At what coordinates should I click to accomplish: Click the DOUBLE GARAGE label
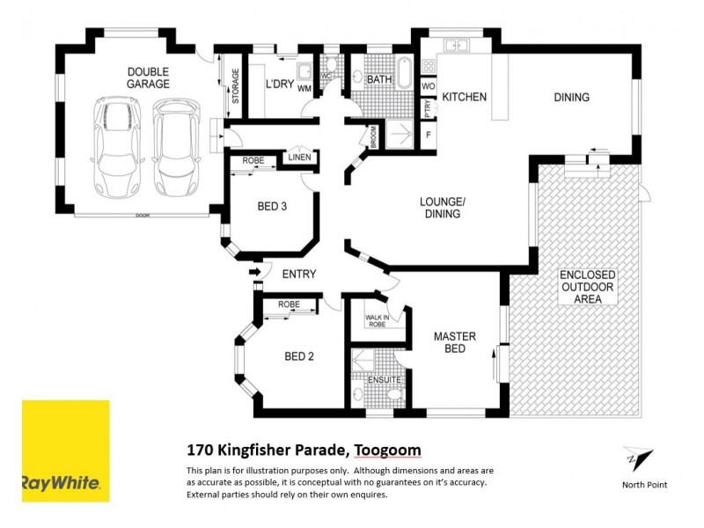pos(148,77)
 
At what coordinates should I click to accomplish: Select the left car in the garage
pos(113,147)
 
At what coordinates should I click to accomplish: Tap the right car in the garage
pos(173,147)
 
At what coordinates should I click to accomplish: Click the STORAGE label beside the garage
pos(235,86)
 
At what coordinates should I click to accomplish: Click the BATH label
pos(380,80)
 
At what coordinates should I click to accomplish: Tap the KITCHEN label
pos(464,97)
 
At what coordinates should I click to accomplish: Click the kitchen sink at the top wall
pos(456,44)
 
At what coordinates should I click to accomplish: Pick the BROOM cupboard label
pos(372,137)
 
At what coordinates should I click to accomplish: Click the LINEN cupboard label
pos(299,158)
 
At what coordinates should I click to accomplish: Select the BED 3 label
pos(273,207)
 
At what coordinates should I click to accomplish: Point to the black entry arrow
pos(255,274)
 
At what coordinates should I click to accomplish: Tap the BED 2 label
pos(299,356)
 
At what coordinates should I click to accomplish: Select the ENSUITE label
pos(385,380)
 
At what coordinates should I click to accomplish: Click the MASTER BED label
pos(454,342)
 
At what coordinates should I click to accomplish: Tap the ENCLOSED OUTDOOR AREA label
pos(588,287)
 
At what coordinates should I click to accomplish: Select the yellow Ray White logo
pos(65,451)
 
